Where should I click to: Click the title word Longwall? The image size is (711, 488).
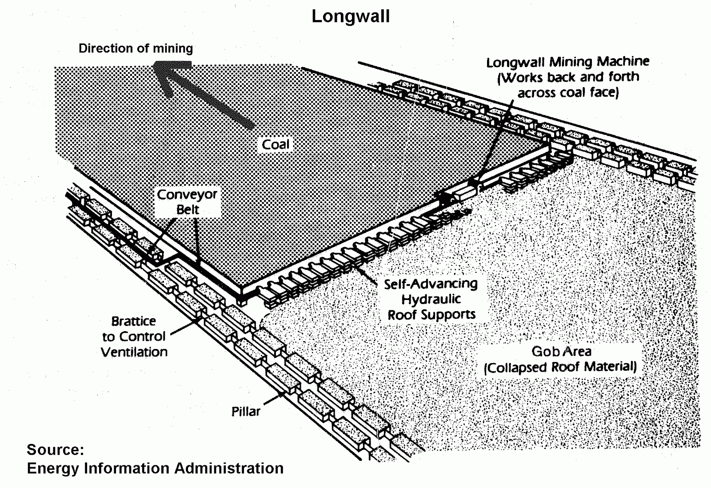coord(351,16)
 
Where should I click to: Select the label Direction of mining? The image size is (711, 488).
coord(136,48)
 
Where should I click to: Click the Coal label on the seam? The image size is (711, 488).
coord(276,144)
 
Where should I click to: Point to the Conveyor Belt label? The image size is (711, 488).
coord(187,202)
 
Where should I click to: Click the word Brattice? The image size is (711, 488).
coord(133,321)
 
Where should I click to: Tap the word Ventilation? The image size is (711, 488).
coord(134,352)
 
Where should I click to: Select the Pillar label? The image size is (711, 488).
coord(246,412)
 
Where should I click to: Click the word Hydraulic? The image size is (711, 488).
coord(431,299)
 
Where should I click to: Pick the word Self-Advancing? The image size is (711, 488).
coord(431,284)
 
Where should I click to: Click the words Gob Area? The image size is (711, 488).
coord(561,352)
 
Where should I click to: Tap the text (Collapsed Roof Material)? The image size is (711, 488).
coord(560,367)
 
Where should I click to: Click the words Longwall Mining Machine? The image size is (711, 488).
coord(567,62)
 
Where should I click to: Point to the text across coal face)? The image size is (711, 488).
coord(568,93)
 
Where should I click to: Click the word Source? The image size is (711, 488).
coord(56,449)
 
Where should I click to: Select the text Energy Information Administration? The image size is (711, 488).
coord(155,468)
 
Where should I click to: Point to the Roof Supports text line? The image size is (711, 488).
coord(431,315)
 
